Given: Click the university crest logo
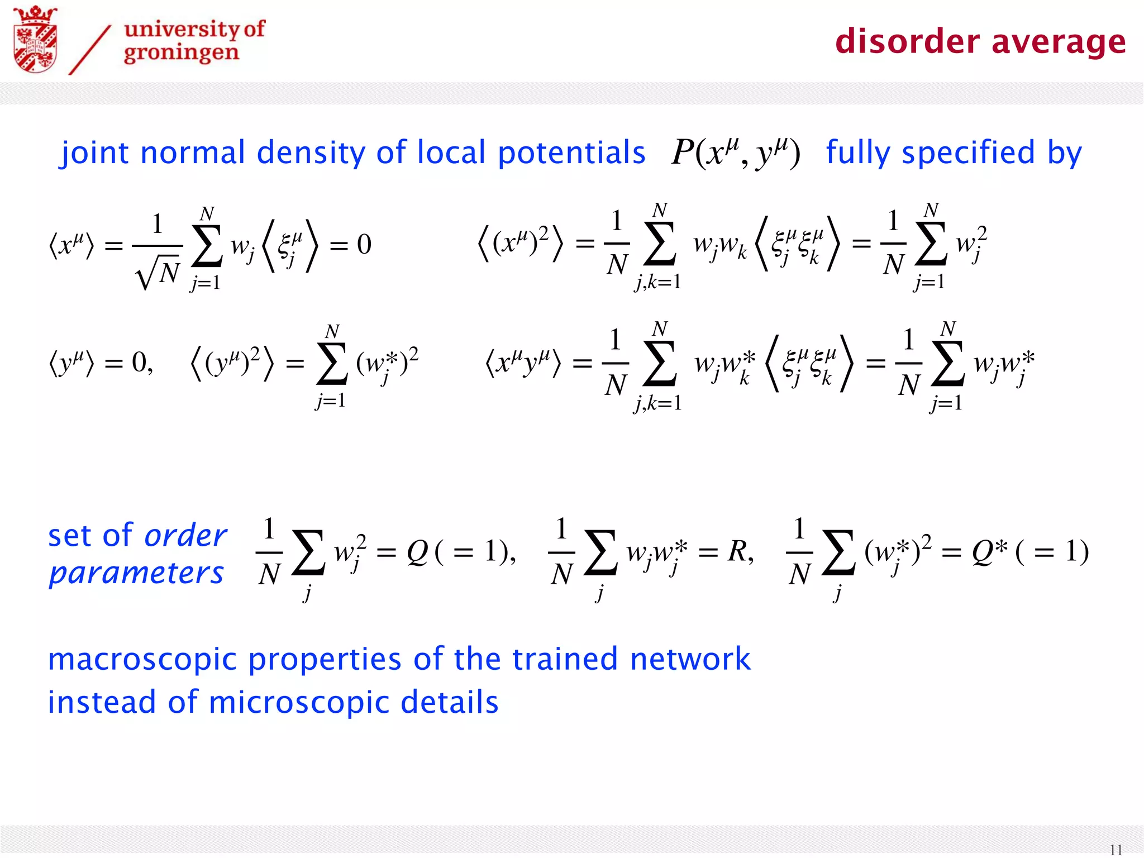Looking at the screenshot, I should [x=35, y=39].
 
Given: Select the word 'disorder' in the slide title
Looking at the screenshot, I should [x=907, y=42].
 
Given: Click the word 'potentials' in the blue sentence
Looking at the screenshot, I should [x=571, y=153].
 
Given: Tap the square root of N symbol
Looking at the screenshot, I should [x=158, y=272].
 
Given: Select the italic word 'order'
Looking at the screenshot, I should [x=185, y=536].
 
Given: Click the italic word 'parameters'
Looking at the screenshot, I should [x=136, y=574].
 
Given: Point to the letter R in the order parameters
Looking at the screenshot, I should [x=737, y=552].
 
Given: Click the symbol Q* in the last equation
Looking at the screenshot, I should [x=989, y=552].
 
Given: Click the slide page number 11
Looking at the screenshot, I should [x=1116, y=849].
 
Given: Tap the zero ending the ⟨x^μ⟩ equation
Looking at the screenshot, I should [x=364, y=244].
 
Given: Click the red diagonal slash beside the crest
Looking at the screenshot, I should [x=89, y=50].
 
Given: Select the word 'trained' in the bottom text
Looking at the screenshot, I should [x=565, y=659].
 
